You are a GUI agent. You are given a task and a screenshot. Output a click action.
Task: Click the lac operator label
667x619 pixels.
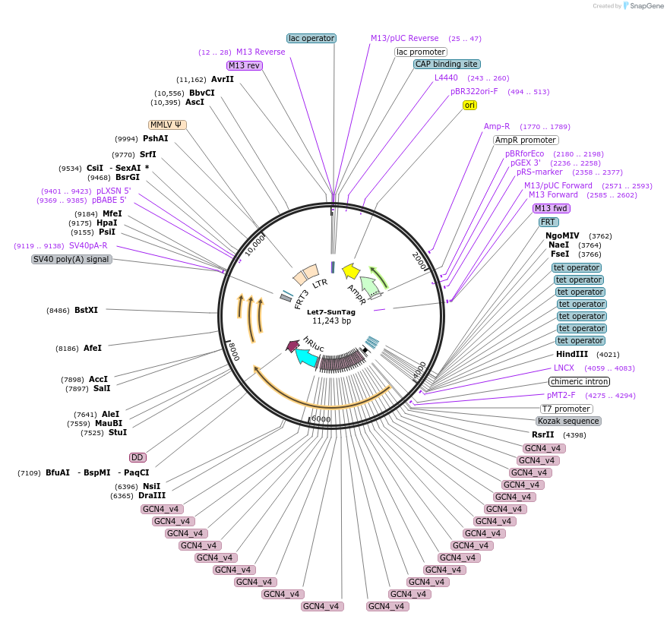pos(311,38)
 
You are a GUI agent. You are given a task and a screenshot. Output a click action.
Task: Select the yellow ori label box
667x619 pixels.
pos(470,105)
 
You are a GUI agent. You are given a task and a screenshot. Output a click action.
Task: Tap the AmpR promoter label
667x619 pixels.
pos(526,140)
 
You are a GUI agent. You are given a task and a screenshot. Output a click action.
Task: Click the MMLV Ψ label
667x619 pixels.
pos(167,125)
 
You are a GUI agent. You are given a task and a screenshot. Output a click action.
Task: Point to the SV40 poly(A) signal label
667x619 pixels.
pos(71,259)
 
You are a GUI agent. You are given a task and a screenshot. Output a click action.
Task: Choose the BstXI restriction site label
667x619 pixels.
pos(86,310)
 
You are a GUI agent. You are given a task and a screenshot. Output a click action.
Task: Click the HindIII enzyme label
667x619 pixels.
pos(571,354)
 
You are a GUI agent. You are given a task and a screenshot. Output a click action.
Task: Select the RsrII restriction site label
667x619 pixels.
pos(542,434)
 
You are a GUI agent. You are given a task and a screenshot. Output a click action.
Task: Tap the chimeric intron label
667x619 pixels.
pos(579,381)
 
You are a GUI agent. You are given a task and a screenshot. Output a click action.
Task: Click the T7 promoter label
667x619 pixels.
pos(567,409)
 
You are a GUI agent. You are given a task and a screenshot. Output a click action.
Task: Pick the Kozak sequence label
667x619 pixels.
pos(568,421)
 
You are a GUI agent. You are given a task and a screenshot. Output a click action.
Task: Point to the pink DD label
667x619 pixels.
pos(138,457)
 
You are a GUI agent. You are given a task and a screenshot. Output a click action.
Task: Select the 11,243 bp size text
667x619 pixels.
pos(331,321)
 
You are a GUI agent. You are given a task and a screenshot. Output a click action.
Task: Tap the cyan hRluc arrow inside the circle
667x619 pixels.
pos(307,357)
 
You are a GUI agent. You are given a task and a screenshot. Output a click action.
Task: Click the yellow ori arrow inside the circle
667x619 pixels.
pos(351,270)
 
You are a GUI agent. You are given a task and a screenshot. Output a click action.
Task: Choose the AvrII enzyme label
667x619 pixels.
pos(223,79)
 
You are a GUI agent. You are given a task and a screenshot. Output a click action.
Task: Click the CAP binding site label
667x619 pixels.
pos(446,64)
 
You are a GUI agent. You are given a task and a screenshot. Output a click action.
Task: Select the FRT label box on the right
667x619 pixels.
pos(548,222)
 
